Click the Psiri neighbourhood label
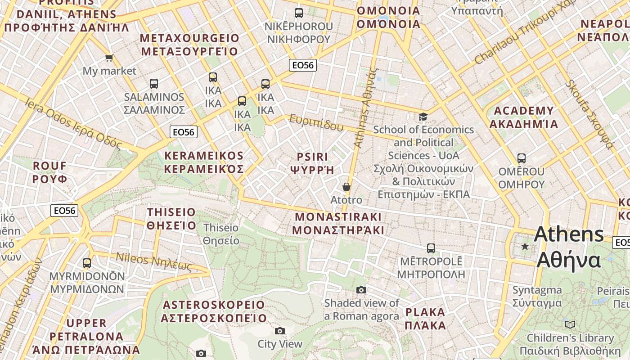point(312,163)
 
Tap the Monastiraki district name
point(338,224)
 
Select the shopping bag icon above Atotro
point(346,186)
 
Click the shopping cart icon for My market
point(109,58)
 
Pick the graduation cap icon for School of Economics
point(423,117)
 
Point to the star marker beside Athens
point(525,246)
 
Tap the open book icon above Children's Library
point(570,324)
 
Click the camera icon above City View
point(280,331)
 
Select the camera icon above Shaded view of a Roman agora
point(361,290)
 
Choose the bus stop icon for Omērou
point(522,158)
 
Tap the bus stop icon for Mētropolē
point(431,248)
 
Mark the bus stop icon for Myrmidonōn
point(87,263)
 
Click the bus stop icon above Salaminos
point(154,84)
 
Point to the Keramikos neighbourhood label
point(204,162)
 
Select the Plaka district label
point(425,319)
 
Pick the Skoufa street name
point(589,114)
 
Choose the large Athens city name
point(569,247)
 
